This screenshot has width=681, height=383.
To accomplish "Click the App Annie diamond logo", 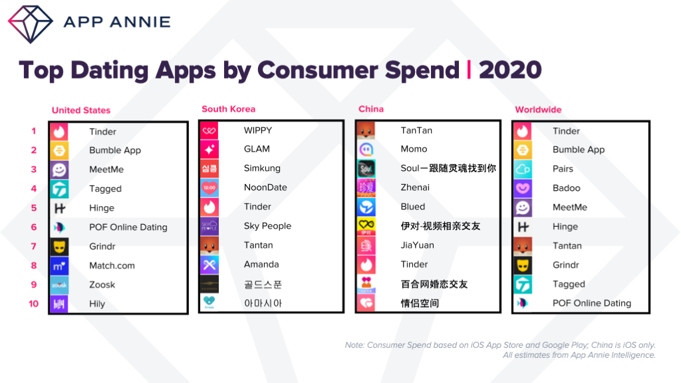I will pyautogui.click(x=30, y=23).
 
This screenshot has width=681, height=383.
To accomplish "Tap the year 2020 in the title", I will pyautogui.click(x=510, y=70).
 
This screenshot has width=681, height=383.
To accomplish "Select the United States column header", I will pyautogui.click(x=81, y=110).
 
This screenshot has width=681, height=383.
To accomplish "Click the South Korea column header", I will pyautogui.click(x=228, y=109).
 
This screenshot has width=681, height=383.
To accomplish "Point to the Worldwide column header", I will pyautogui.click(x=538, y=110).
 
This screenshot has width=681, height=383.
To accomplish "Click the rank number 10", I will pyautogui.click(x=33, y=304).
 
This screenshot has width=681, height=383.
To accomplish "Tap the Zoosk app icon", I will pyautogui.click(x=59, y=285).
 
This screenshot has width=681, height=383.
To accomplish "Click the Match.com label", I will pyautogui.click(x=112, y=265).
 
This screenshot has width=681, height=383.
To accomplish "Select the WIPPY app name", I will pyautogui.click(x=257, y=130).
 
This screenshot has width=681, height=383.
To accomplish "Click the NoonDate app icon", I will pyautogui.click(x=209, y=188).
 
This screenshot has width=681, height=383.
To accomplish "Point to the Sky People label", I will pyautogui.click(x=267, y=226).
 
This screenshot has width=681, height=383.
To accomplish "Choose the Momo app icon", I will pyautogui.click(x=366, y=150).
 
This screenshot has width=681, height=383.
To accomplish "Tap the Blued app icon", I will pyautogui.click(x=366, y=207).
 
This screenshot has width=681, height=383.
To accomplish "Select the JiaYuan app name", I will pyautogui.click(x=417, y=245).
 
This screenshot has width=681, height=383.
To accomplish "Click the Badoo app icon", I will pyautogui.click(x=523, y=189).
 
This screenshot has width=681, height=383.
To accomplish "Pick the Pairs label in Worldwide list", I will pyautogui.click(x=563, y=169).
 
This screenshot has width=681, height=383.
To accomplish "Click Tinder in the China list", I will pyautogui.click(x=414, y=265).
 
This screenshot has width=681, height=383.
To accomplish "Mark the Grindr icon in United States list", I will pyautogui.click(x=59, y=247).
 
